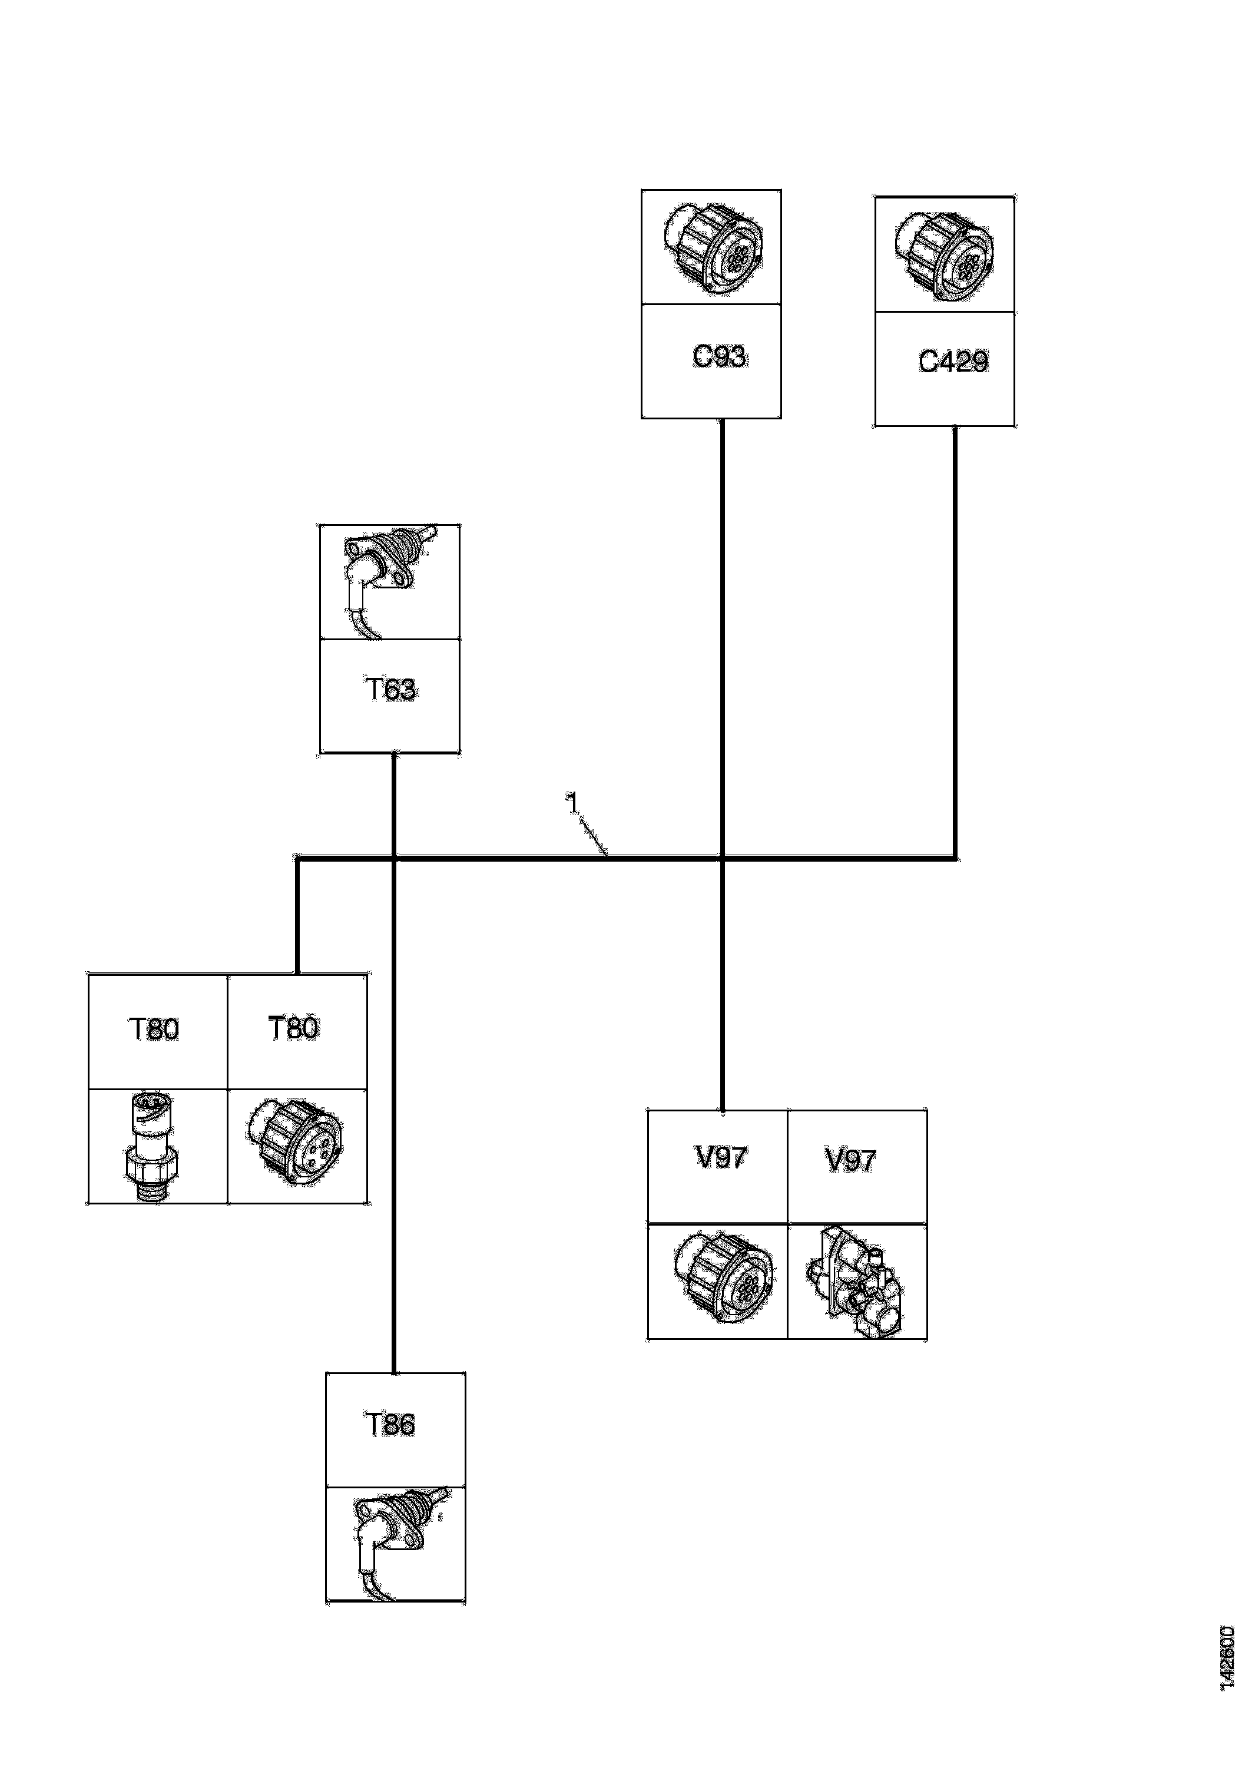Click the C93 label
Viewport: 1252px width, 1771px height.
719,357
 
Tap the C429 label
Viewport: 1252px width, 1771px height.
953,362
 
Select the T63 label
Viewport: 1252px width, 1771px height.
390,689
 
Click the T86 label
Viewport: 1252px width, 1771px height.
390,1424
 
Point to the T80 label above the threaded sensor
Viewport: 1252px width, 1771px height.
154,1029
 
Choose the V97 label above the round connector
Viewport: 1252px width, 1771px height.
720,1158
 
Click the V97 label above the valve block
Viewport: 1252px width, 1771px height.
850,1160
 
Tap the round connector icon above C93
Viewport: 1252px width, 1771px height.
713,247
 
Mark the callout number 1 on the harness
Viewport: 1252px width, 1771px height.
572,803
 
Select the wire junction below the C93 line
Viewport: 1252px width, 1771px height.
722,857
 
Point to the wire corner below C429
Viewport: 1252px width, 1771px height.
955,857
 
